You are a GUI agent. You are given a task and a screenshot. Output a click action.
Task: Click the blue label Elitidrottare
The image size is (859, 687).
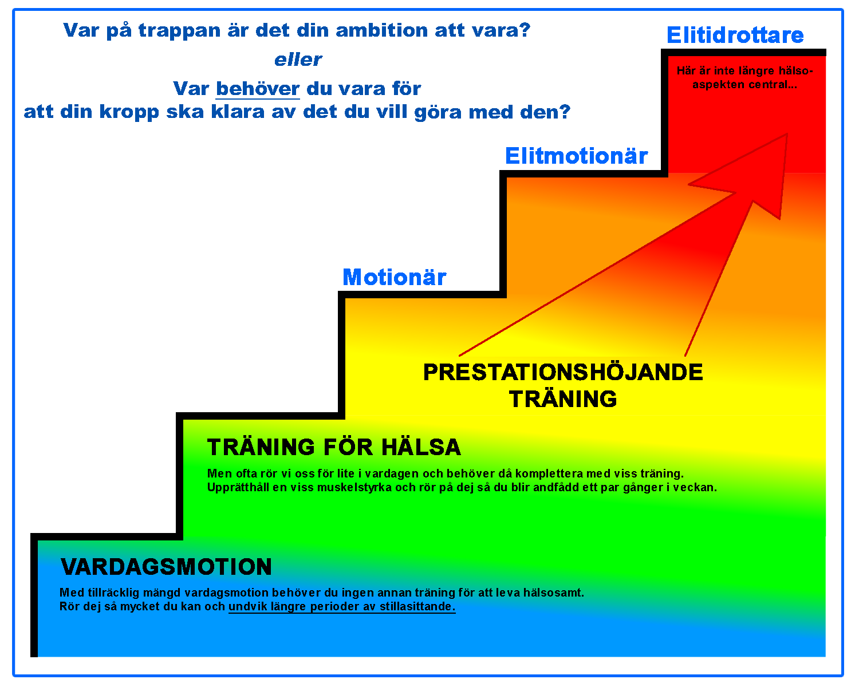pos(735,35)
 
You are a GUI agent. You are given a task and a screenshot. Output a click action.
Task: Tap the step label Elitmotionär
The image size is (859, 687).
pos(577,156)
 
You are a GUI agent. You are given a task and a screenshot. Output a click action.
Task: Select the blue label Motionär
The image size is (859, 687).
pos(395,277)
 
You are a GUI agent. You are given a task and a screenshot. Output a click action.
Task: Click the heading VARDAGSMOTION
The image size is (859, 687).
pos(166,567)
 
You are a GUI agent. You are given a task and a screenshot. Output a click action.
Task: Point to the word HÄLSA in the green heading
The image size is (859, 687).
pos(421,447)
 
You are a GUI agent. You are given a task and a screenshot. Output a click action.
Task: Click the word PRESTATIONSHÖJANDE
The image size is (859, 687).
pos(563,372)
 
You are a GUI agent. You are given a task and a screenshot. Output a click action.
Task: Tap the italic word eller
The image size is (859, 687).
pos(298,60)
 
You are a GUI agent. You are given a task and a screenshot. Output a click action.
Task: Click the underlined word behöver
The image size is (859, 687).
pos(258,89)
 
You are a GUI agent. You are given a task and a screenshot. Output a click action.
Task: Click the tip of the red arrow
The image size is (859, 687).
pos(787,134)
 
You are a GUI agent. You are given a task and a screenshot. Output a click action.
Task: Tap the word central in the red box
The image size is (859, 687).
pos(770,85)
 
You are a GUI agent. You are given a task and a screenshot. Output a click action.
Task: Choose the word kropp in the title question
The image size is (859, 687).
pos(129,113)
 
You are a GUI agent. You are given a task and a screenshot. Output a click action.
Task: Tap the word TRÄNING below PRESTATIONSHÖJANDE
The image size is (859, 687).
pos(563,399)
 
